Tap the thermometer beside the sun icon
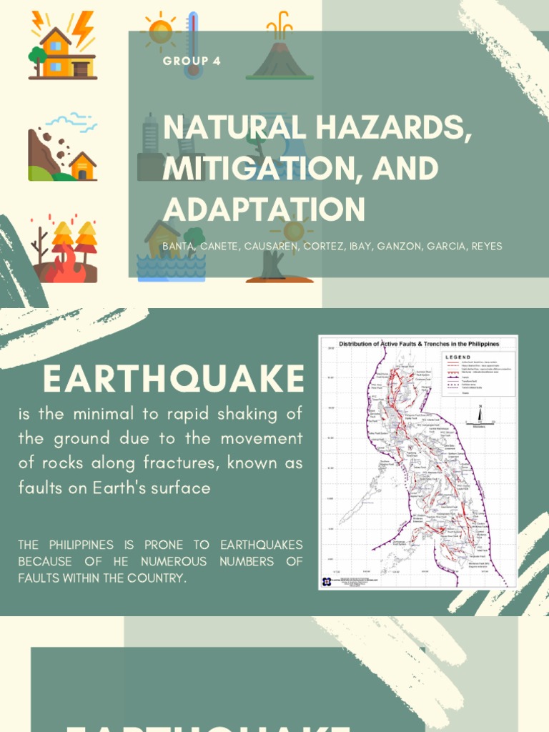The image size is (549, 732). point(192,44)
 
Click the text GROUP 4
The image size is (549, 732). point(192,61)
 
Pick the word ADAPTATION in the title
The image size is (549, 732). point(264,209)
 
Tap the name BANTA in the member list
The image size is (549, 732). point(179,246)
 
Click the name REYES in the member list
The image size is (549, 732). point(486,246)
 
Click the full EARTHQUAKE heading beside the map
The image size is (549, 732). point(174,378)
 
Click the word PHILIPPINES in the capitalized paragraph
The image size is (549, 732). point(83,545)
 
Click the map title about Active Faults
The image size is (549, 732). point(418,344)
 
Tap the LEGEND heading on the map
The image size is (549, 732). point(458,357)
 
